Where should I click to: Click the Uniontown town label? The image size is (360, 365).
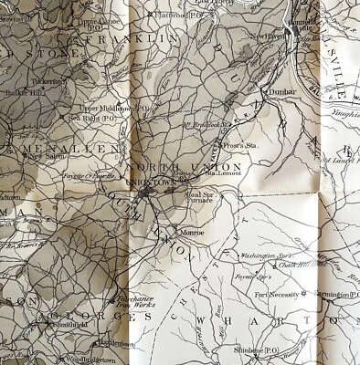coord(153,182)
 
